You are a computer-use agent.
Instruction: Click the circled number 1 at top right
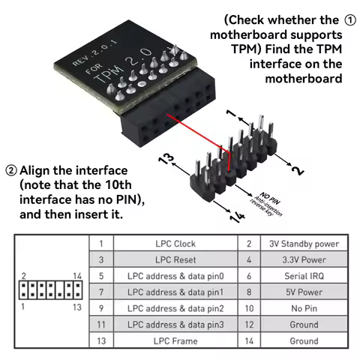pyautogui.click(x=349, y=19)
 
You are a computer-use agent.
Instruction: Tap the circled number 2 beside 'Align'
pyautogui.click(x=11, y=170)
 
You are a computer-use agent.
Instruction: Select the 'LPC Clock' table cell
pyautogui.click(x=175, y=244)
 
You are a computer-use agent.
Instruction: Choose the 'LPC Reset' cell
pyautogui.click(x=175, y=259)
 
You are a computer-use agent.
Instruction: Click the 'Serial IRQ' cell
pyautogui.click(x=304, y=276)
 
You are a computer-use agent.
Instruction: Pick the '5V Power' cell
pyautogui.click(x=304, y=292)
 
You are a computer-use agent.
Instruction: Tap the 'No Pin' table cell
pyautogui.click(x=304, y=308)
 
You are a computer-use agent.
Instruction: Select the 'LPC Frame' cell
pyautogui.click(x=175, y=341)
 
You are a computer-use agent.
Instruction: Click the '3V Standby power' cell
pyautogui.click(x=304, y=244)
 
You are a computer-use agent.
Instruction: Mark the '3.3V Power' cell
pyautogui.click(x=304, y=259)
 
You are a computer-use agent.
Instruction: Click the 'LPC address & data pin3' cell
pyautogui.click(x=175, y=325)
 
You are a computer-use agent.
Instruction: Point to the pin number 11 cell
pyautogui.click(x=100, y=325)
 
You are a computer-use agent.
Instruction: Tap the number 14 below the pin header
pyautogui.click(x=235, y=217)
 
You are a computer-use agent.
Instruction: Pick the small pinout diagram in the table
pyautogui.click(x=50, y=290)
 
